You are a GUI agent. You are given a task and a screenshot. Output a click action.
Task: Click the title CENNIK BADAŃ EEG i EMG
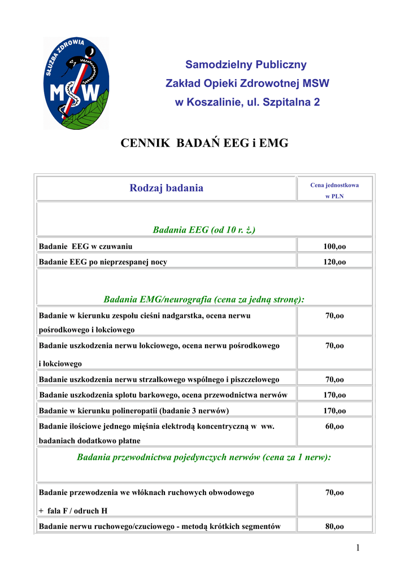204,143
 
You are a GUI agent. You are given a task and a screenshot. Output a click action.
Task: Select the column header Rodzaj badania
166,188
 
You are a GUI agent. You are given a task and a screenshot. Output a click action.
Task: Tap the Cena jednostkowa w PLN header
334,190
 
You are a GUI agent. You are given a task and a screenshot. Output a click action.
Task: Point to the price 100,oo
334,246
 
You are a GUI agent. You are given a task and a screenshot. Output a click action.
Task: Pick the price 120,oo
334,262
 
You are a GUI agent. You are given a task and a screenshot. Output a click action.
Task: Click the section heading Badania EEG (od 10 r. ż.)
204,230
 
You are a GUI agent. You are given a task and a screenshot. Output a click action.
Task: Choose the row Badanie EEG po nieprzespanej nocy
103,262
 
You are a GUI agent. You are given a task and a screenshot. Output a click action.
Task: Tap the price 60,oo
334,427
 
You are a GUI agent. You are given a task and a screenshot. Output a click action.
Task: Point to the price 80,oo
334,527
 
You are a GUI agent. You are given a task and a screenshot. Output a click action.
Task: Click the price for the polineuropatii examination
334,411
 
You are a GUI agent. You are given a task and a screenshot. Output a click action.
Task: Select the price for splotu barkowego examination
334,395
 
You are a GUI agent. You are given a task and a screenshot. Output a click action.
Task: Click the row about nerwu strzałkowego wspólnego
159,379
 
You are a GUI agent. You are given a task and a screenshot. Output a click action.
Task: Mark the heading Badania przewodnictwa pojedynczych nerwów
204,458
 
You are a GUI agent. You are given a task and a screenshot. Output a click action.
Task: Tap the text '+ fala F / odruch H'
73,511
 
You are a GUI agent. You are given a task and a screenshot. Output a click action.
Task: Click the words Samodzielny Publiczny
246,64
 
